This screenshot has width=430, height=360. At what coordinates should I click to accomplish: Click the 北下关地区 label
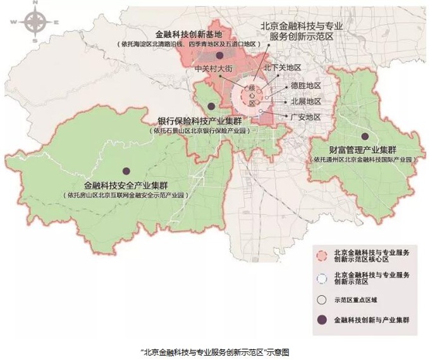point(281,67)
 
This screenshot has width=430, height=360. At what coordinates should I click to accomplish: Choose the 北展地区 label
point(305,101)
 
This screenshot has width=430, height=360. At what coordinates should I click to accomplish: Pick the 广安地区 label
point(305,117)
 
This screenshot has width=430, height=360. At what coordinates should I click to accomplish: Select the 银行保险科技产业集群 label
point(199,121)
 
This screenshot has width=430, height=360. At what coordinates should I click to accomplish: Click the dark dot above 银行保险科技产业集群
point(211,104)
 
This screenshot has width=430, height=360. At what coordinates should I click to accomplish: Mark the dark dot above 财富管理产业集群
point(365,136)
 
